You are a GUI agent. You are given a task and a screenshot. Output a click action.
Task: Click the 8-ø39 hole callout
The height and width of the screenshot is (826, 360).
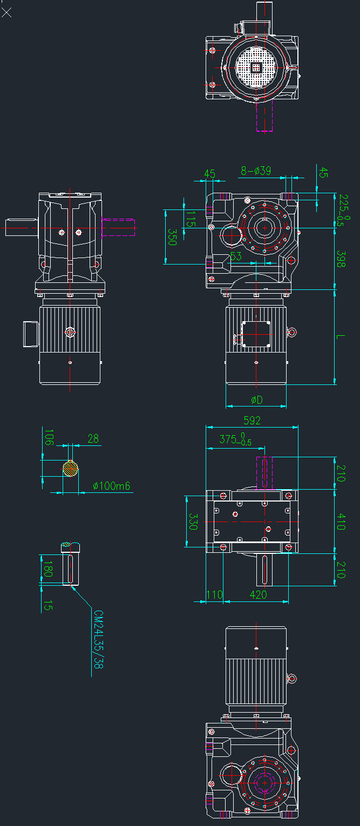pyautogui.click(x=255, y=171)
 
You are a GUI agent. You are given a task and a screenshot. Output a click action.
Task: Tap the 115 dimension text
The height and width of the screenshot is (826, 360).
pyautogui.click(x=189, y=219)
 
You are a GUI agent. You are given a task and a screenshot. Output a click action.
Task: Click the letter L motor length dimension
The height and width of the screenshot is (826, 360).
pyautogui.click(x=341, y=337)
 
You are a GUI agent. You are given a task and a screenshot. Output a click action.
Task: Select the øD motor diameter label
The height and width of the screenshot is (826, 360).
pyautogui.click(x=256, y=400)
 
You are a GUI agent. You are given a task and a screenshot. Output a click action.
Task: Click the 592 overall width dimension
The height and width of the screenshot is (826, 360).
pyautogui.click(x=252, y=420)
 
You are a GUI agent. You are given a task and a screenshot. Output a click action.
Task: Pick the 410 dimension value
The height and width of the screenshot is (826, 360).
pyautogui.click(x=341, y=522)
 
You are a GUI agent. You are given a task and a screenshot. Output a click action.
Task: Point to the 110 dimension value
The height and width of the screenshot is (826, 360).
pyautogui.click(x=214, y=594)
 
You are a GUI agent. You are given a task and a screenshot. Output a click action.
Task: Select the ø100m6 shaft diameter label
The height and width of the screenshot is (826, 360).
pyautogui.click(x=112, y=486)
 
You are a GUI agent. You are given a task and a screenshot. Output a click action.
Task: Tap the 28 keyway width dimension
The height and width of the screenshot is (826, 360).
pyautogui.click(x=93, y=439)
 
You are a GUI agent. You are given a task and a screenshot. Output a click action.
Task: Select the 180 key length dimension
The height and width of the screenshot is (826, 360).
pyautogui.click(x=48, y=569)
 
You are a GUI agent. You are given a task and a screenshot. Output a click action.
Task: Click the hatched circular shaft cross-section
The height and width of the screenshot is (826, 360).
pyautogui.click(x=70, y=468)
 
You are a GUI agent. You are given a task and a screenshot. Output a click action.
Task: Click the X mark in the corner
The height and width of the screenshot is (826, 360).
pyautogui.click(x=6, y=12)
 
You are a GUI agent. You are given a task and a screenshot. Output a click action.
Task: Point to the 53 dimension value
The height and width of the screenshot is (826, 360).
pyautogui.click(x=236, y=256)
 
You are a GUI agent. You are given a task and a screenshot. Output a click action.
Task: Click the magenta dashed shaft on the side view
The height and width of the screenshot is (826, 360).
pyautogui.click(x=118, y=227)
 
